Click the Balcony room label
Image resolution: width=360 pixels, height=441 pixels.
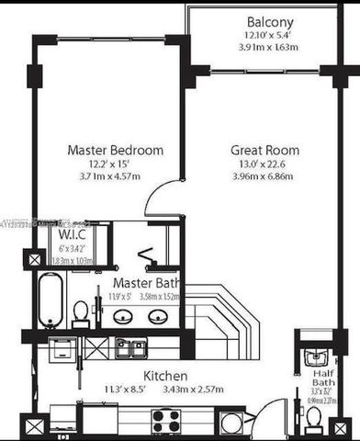pyautogui.click(x=270, y=22)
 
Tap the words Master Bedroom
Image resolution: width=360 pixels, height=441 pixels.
pyautogui.click(x=116, y=150)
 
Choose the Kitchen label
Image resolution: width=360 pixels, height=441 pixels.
pyautogui.click(x=166, y=377)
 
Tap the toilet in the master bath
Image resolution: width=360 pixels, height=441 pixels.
pyautogui.click(x=80, y=312)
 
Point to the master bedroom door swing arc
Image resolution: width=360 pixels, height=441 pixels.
pyautogui.click(x=158, y=195)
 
